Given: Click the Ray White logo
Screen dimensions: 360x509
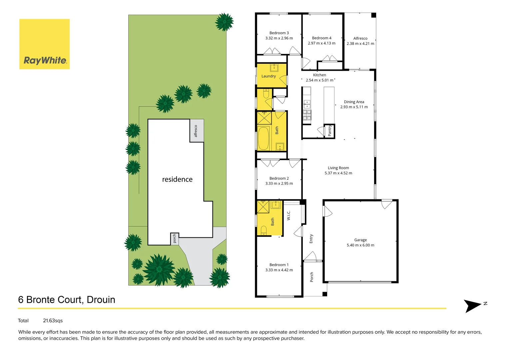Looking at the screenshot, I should [x=45, y=44].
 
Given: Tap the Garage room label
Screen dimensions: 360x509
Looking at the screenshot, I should [x=360, y=240].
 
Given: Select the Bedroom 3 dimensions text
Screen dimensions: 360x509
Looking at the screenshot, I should [x=279, y=38].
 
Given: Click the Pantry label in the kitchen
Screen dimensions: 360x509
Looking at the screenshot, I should [x=330, y=131].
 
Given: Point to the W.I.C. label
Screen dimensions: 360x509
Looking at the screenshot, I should [x=289, y=215].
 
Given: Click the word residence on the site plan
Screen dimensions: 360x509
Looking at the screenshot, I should [x=177, y=179].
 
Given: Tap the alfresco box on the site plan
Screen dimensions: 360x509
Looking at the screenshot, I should [x=197, y=131].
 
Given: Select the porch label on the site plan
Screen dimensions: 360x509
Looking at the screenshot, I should [x=175, y=238].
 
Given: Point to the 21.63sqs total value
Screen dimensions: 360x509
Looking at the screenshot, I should [x=53, y=321].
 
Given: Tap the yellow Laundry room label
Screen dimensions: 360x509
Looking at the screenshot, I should [x=268, y=76].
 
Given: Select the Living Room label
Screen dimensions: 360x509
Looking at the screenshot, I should [x=338, y=168].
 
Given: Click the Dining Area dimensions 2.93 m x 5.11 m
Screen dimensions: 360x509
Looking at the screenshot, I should [x=354, y=107].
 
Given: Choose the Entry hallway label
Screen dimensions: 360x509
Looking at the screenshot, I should [x=311, y=239].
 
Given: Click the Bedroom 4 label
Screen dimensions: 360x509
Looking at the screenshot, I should [x=321, y=38].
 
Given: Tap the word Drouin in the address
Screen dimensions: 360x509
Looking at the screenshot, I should [x=101, y=300].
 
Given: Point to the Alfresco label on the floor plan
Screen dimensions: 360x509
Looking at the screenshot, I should [x=360, y=38].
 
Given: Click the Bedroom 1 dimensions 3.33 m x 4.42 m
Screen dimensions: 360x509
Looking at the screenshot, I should [x=279, y=270].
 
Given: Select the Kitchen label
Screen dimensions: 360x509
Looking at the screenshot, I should [x=319, y=75].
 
